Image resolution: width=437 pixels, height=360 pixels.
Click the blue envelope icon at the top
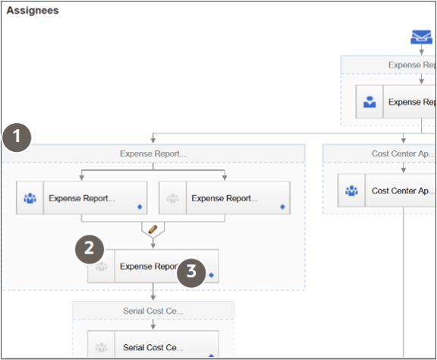421,37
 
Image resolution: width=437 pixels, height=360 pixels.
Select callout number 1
17,139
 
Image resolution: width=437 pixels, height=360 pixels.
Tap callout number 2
89,248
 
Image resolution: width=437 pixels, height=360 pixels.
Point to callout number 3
191,271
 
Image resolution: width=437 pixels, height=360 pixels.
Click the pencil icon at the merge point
152,228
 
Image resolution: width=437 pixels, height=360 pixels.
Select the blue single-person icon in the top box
369,102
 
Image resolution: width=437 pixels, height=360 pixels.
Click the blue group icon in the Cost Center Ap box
351,191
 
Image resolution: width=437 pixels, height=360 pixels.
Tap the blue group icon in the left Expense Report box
30,199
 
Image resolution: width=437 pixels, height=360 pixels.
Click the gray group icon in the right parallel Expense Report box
173,199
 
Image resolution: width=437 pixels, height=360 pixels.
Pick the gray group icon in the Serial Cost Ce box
102,348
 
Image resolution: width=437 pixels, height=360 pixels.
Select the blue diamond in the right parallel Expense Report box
282,206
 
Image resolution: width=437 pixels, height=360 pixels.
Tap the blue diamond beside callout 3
212,275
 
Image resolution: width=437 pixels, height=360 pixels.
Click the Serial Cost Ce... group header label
153,311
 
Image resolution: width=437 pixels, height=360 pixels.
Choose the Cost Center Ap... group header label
403,153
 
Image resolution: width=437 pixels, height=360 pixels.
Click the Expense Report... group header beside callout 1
152,153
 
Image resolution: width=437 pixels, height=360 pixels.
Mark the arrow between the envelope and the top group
421,50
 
